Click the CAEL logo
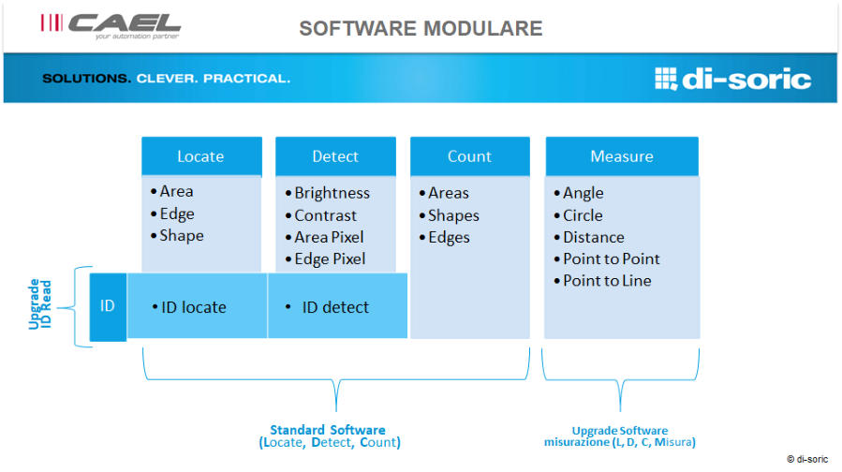pos(111,26)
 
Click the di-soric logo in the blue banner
pos(733,79)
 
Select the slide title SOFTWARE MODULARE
pos(421,28)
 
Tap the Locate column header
pos(201,156)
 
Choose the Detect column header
pos(335,156)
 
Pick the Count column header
pos(470,156)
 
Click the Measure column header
pos(622,156)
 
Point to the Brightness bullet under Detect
pos(328,193)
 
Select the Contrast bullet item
pos(321,215)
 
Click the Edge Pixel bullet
pos(325,259)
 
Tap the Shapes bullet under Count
pos(449,215)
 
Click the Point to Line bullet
pos(602,281)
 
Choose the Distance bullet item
pos(589,237)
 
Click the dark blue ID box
pos(108,306)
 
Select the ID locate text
pos(189,307)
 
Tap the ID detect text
pos(328,307)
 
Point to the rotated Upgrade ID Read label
pos(40,304)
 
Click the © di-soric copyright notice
pos(807,459)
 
